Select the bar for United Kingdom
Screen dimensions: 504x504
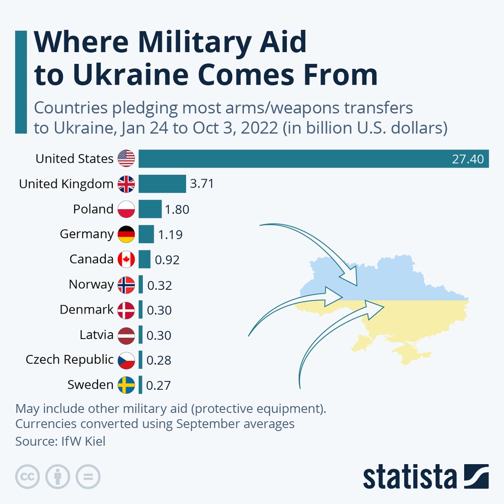click(162, 184)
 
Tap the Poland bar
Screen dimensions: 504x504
click(150, 209)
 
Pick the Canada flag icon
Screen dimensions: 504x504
click(126, 259)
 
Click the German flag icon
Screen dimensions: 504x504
click(126, 234)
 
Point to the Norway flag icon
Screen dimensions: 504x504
click(126, 284)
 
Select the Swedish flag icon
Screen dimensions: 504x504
click(126, 385)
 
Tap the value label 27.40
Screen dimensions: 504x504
click(468, 159)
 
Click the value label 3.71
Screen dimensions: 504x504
click(202, 184)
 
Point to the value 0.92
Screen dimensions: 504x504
click(167, 259)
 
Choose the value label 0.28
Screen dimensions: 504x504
click(159, 360)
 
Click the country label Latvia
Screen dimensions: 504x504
click(96, 335)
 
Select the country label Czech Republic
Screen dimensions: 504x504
click(69, 360)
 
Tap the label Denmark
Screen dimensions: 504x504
click(87, 310)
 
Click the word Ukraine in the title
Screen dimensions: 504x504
click(130, 75)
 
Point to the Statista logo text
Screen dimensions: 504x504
click(409, 476)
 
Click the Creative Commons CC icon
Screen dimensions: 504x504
click(28, 476)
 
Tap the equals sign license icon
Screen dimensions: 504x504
click(88, 476)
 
